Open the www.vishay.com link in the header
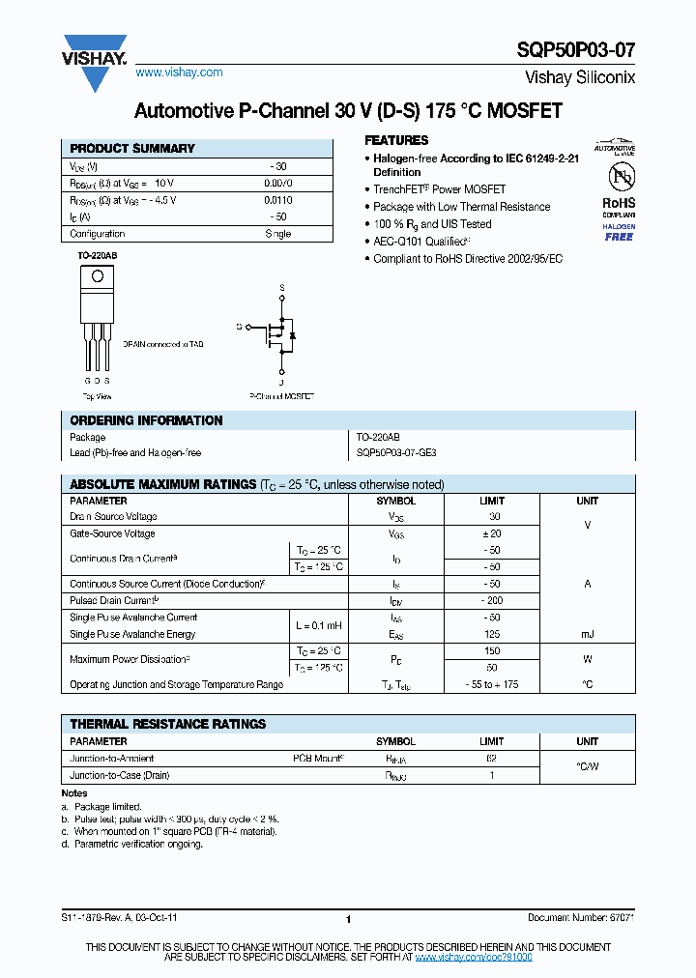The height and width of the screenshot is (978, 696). point(179,72)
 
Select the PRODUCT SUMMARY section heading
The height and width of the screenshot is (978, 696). point(132,148)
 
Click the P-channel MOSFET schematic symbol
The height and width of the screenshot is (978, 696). point(275,333)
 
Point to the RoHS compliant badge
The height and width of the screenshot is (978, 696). point(619,209)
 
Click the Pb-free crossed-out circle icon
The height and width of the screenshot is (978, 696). point(619,177)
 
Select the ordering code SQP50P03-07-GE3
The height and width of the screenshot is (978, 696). point(397,452)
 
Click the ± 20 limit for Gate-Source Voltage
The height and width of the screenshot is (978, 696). point(492,533)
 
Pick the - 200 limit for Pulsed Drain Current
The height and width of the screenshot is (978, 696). point(492,600)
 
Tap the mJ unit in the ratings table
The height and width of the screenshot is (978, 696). point(587,634)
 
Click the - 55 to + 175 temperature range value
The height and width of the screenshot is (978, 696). point(492,684)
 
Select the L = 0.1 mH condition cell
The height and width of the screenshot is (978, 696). point(318,625)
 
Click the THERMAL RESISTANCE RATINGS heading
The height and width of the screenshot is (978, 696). point(168,724)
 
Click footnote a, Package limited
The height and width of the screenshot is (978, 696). point(101,806)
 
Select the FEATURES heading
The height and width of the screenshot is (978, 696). point(396,140)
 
